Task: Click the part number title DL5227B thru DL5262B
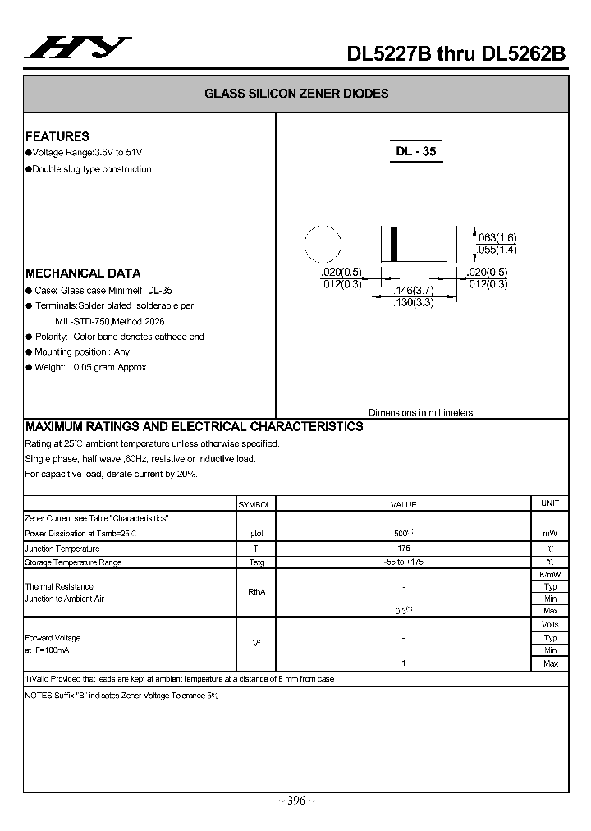456,53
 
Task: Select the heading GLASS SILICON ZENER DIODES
296,94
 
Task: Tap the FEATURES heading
57,136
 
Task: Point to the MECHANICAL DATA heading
83,273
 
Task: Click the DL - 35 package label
415,152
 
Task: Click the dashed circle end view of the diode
323,242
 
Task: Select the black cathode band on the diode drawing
393,244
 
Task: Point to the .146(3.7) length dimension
413,291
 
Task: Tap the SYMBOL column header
254,504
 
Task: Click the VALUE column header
403,504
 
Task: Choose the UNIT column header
549,503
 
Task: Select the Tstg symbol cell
256,562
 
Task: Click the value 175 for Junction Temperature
403,548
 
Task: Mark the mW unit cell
550,534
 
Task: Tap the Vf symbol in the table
256,643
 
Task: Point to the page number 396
295,801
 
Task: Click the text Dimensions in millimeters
420,412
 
